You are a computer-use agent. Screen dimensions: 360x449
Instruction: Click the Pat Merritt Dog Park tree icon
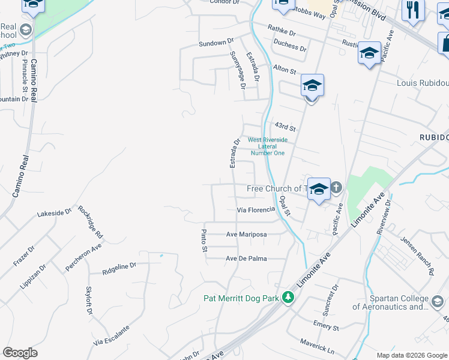pyautogui.click(x=288, y=298)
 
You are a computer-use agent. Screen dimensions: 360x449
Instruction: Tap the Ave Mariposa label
pyautogui.click(x=246, y=235)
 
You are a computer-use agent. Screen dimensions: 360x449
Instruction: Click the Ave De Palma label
pyautogui.click(x=246, y=259)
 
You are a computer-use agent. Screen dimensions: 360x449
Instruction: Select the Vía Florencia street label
pyautogui.click(x=256, y=210)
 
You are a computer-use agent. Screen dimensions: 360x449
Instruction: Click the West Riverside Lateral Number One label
pyautogui.click(x=268, y=146)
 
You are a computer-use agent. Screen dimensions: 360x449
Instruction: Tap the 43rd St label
pyautogui.click(x=285, y=127)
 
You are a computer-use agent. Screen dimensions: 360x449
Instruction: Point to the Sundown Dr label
pyautogui.click(x=216, y=43)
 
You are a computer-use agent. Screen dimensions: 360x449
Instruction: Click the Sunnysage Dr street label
pyautogui.click(x=238, y=70)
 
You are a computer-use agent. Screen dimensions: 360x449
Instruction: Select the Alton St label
pyautogui.click(x=285, y=70)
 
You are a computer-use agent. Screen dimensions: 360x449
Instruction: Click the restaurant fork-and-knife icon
pyautogui.click(x=413, y=11)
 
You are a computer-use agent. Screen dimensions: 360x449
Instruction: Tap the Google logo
pyautogui.click(x=20, y=353)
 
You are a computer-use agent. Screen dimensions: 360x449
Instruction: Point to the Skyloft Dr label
pyautogui.click(x=89, y=300)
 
